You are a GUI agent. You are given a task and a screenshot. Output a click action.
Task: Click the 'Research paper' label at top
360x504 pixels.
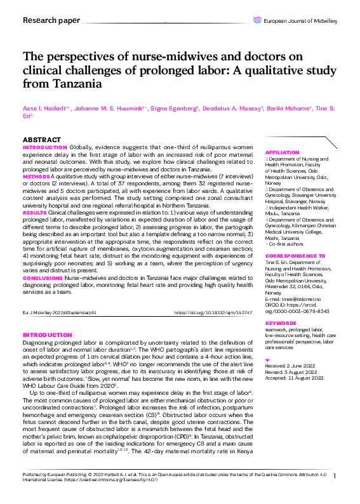click(x=51, y=20)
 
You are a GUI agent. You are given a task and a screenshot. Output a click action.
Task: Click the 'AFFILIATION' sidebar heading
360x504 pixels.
click(x=281, y=153)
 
